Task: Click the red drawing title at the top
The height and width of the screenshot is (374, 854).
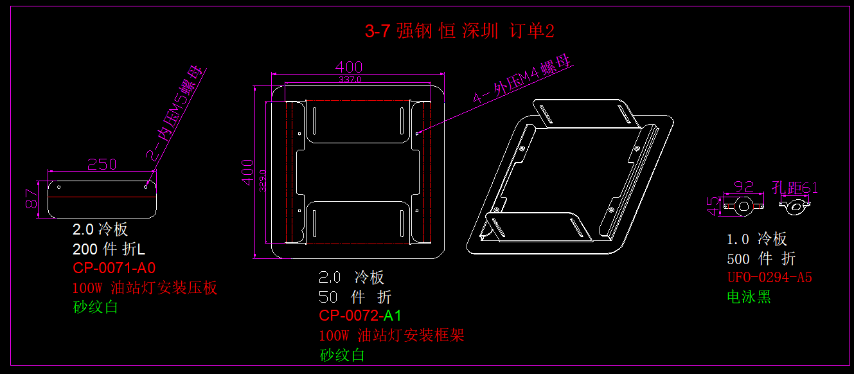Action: (x=459, y=31)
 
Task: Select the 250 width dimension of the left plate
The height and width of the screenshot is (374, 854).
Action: (x=102, y=165)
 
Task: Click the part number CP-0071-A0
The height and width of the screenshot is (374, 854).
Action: (x=114, y=267)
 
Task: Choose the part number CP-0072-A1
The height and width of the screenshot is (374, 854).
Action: (x=360, y=316)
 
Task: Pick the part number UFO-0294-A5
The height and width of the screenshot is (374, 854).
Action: (x=769, y=278)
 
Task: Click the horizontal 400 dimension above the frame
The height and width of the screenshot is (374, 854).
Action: (x=349, y=67)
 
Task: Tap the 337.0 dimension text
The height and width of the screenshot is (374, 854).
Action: (x=350, y=80)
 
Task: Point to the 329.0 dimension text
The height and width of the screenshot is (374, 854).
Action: (x=262, y=180)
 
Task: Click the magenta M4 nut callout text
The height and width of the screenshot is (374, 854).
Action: (x=522, y=80)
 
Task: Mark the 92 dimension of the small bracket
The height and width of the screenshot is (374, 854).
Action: (x=743, y=187)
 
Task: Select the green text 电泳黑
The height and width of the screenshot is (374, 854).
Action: (x=749, y=297)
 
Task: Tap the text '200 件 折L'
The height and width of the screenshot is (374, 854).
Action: (x=109, y=249)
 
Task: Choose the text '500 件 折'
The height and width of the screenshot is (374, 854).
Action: (x=761, y=258)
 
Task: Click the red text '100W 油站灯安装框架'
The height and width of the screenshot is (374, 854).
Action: (x=391, y=335)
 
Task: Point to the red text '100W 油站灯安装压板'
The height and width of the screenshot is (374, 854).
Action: (x=145, y=287)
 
